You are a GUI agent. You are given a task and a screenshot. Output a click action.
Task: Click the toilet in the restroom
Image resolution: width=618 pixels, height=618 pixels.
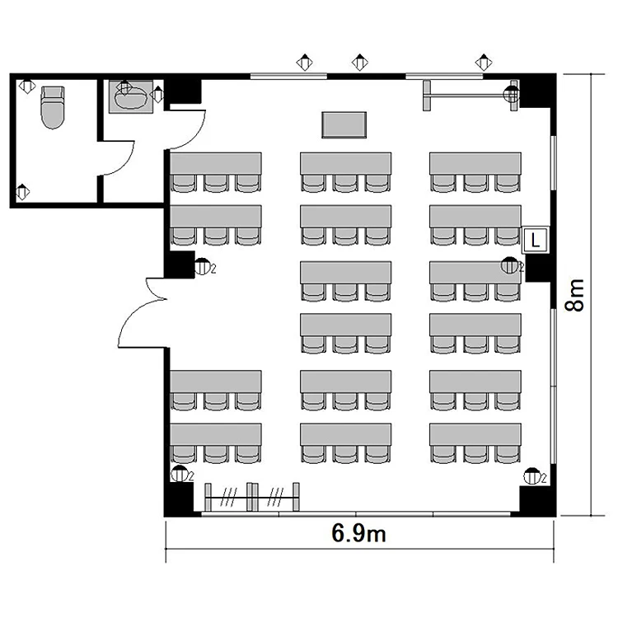click(x=53, y=108)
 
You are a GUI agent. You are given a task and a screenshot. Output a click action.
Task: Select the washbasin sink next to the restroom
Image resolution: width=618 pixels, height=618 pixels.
click(x=130, y=97)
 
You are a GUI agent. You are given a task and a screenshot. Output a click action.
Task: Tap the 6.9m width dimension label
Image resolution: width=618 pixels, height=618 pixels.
click(x=358, y=533)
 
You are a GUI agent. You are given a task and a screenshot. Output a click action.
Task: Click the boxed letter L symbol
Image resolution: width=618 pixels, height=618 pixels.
click(x=535, y=240)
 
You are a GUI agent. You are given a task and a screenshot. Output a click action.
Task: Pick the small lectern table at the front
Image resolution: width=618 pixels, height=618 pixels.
click(x=344, y=125)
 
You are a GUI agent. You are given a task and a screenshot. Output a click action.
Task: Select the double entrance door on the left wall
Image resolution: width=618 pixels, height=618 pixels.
click(x=142, y=313)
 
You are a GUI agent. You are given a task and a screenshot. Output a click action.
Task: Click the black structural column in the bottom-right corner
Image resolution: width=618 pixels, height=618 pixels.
click(x=537, y=500)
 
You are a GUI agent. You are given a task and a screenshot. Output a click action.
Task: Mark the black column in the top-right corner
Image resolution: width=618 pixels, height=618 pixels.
click(x=536, y=91)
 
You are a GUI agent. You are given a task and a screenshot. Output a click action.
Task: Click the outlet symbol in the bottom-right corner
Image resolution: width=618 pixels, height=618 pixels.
click(x=531, y=476)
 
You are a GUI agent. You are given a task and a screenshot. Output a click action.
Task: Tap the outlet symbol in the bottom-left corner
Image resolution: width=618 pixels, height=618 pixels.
click(x=180, y=473)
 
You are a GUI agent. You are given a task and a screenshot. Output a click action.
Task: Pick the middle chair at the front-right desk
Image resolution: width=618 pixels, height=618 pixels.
click(x=475, y=183)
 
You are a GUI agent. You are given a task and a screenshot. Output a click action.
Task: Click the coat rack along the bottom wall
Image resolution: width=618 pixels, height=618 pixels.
click(x=252, y=497)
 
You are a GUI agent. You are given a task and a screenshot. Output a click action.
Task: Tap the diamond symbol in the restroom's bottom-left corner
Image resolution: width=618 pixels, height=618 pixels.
click(x=22, y=192)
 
